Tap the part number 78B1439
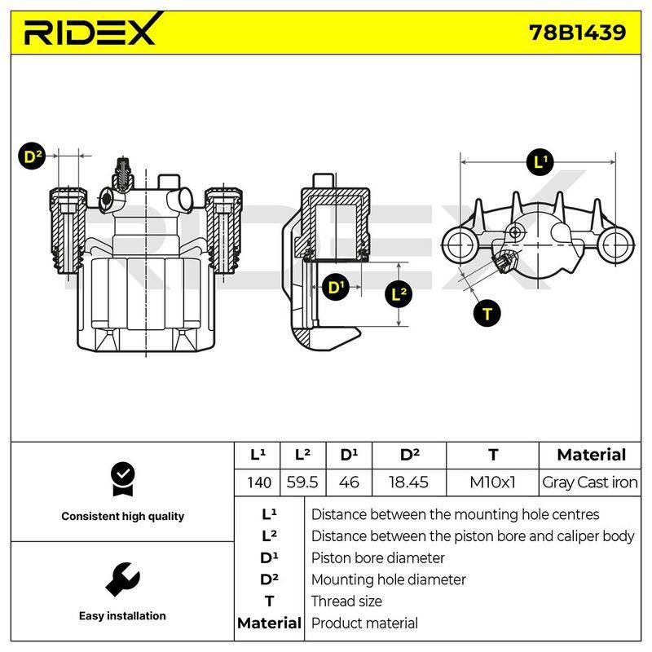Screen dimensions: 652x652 click(577, 32)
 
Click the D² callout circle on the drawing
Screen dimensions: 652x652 click(32, 156)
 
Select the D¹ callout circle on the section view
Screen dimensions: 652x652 click(336, 288)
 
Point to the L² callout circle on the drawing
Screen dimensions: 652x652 click(399, 294)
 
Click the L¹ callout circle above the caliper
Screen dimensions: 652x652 click(540, 161)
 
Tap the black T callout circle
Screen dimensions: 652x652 click(487, 314)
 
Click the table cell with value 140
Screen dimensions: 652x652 click(258, 482)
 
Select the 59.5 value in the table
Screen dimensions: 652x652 click(302, 482)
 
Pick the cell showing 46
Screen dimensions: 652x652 click(349, 482)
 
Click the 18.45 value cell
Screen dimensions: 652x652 click(409, 482)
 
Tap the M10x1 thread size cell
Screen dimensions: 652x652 click(492, 482)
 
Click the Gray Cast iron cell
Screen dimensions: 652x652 click(589, 482)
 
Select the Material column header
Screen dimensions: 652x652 click(591, 455)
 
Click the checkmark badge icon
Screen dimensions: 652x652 click(123, 479)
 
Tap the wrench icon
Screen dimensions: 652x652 click(122, 579)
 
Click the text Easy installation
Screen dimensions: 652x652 click(122, 616)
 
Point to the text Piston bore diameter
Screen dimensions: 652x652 click(377, 558)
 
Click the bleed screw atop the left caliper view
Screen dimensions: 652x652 click(123, 174)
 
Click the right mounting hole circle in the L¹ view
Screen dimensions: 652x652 click(615, 245)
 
